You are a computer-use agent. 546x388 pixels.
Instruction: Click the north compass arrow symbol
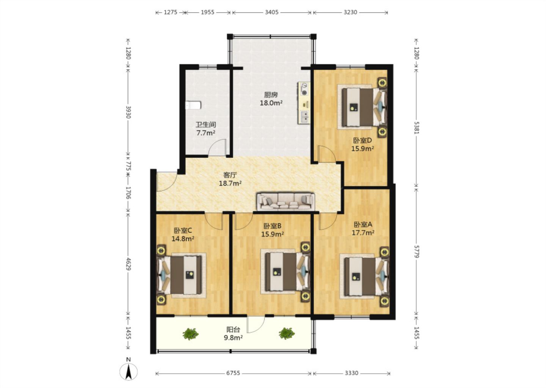click(129, 372)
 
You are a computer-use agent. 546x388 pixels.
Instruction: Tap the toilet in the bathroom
click(193, 105)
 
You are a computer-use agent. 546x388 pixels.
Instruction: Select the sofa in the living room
click(286, 202)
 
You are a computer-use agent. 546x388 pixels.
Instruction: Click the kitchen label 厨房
click(271, 94)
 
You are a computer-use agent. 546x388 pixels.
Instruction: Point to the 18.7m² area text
click(230, 183)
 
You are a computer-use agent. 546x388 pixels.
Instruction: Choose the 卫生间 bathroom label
click(206, 125)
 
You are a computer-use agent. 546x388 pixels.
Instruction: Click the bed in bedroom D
click(364, 107)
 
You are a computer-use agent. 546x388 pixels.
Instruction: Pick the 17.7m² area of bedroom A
click(363, 233)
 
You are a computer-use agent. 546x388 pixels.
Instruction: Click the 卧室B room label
click(272, 226)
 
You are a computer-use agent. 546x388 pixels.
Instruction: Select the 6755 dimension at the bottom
click(233, 373)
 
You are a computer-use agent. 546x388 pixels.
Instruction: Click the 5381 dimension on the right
click(416, 128)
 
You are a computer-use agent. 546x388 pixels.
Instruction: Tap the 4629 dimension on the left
click(129, 264)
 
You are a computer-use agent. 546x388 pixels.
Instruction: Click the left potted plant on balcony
click(191, 334)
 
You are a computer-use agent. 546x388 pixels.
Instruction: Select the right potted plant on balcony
click(287, 333)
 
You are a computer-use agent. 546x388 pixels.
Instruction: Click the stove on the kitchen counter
click(304, 89)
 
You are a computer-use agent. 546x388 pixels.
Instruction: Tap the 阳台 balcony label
click(233, 330)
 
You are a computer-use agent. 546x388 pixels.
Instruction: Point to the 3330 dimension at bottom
click(351, 373)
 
